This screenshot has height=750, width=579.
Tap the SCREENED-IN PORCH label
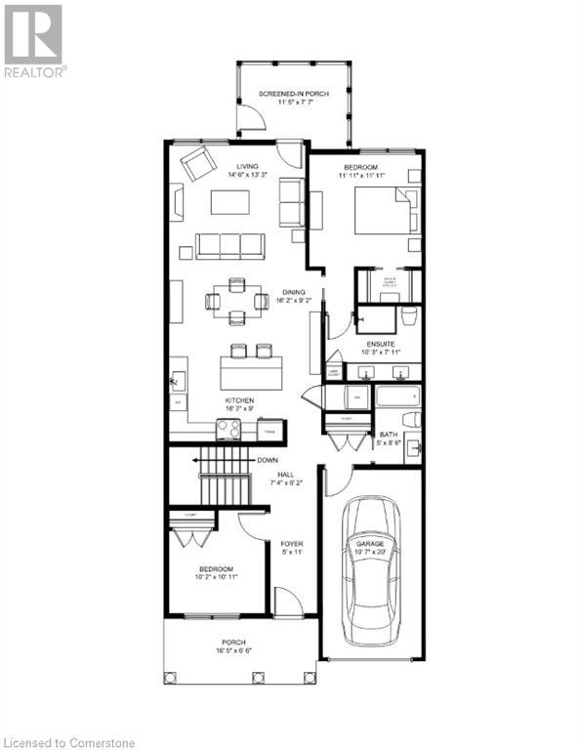coord(292,94)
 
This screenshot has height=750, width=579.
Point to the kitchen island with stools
coord(238,370)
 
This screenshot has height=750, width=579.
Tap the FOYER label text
coord(291,543)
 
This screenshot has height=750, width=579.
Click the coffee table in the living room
coord(230,202)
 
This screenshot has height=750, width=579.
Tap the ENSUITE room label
coord(381,345)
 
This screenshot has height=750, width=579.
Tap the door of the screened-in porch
coord(252,120)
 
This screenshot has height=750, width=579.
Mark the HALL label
coord(286,474)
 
